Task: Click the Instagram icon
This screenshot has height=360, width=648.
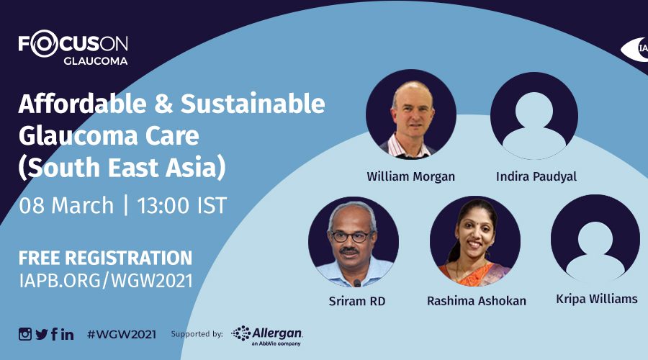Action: point(24,334)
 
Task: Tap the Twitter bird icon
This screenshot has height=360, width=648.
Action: point(42,334)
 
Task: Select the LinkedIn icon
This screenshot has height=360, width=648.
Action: point(68,334)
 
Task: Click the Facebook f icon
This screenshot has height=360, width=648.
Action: point(55,334)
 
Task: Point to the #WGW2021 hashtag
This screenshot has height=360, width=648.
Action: point(122,334)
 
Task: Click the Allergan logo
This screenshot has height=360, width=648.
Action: point(267,336)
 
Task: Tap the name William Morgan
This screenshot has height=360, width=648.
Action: point(411,177)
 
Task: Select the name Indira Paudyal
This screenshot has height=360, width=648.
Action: point(536,177)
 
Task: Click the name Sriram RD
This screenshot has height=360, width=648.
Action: point(357,301)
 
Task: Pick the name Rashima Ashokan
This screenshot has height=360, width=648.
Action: point(477,301)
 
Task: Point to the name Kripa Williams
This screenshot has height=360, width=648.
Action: point(597,299)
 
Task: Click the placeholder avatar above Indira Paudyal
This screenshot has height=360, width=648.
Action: point(534,115)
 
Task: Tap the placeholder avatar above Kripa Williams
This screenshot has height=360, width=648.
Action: point(595,239)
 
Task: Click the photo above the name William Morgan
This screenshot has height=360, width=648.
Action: point(411,114)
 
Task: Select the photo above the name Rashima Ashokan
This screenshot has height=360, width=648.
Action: point(475,241)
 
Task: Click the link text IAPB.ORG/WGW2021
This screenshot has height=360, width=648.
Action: point(106,281)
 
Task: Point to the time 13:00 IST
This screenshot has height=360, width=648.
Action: point(182,205)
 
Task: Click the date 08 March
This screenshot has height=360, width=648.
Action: point(66,205)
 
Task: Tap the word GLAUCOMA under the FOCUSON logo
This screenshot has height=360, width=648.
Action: point(96,60)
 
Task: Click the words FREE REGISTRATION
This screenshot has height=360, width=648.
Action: point(105,258)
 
